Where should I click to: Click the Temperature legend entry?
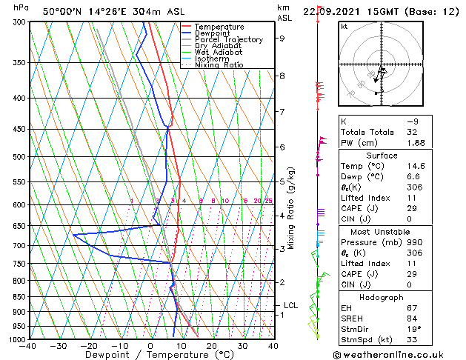(x=219, y=27)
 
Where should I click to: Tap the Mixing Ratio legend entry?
(x=219, y=65)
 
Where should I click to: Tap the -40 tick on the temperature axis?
(x=28, y=347)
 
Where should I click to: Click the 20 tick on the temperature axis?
(x=211, y=347)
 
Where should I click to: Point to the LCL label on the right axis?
(x=291, y=305)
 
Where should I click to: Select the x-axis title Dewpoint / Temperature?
(x=150, y=355)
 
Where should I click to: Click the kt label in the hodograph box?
(x=344, y=26)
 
